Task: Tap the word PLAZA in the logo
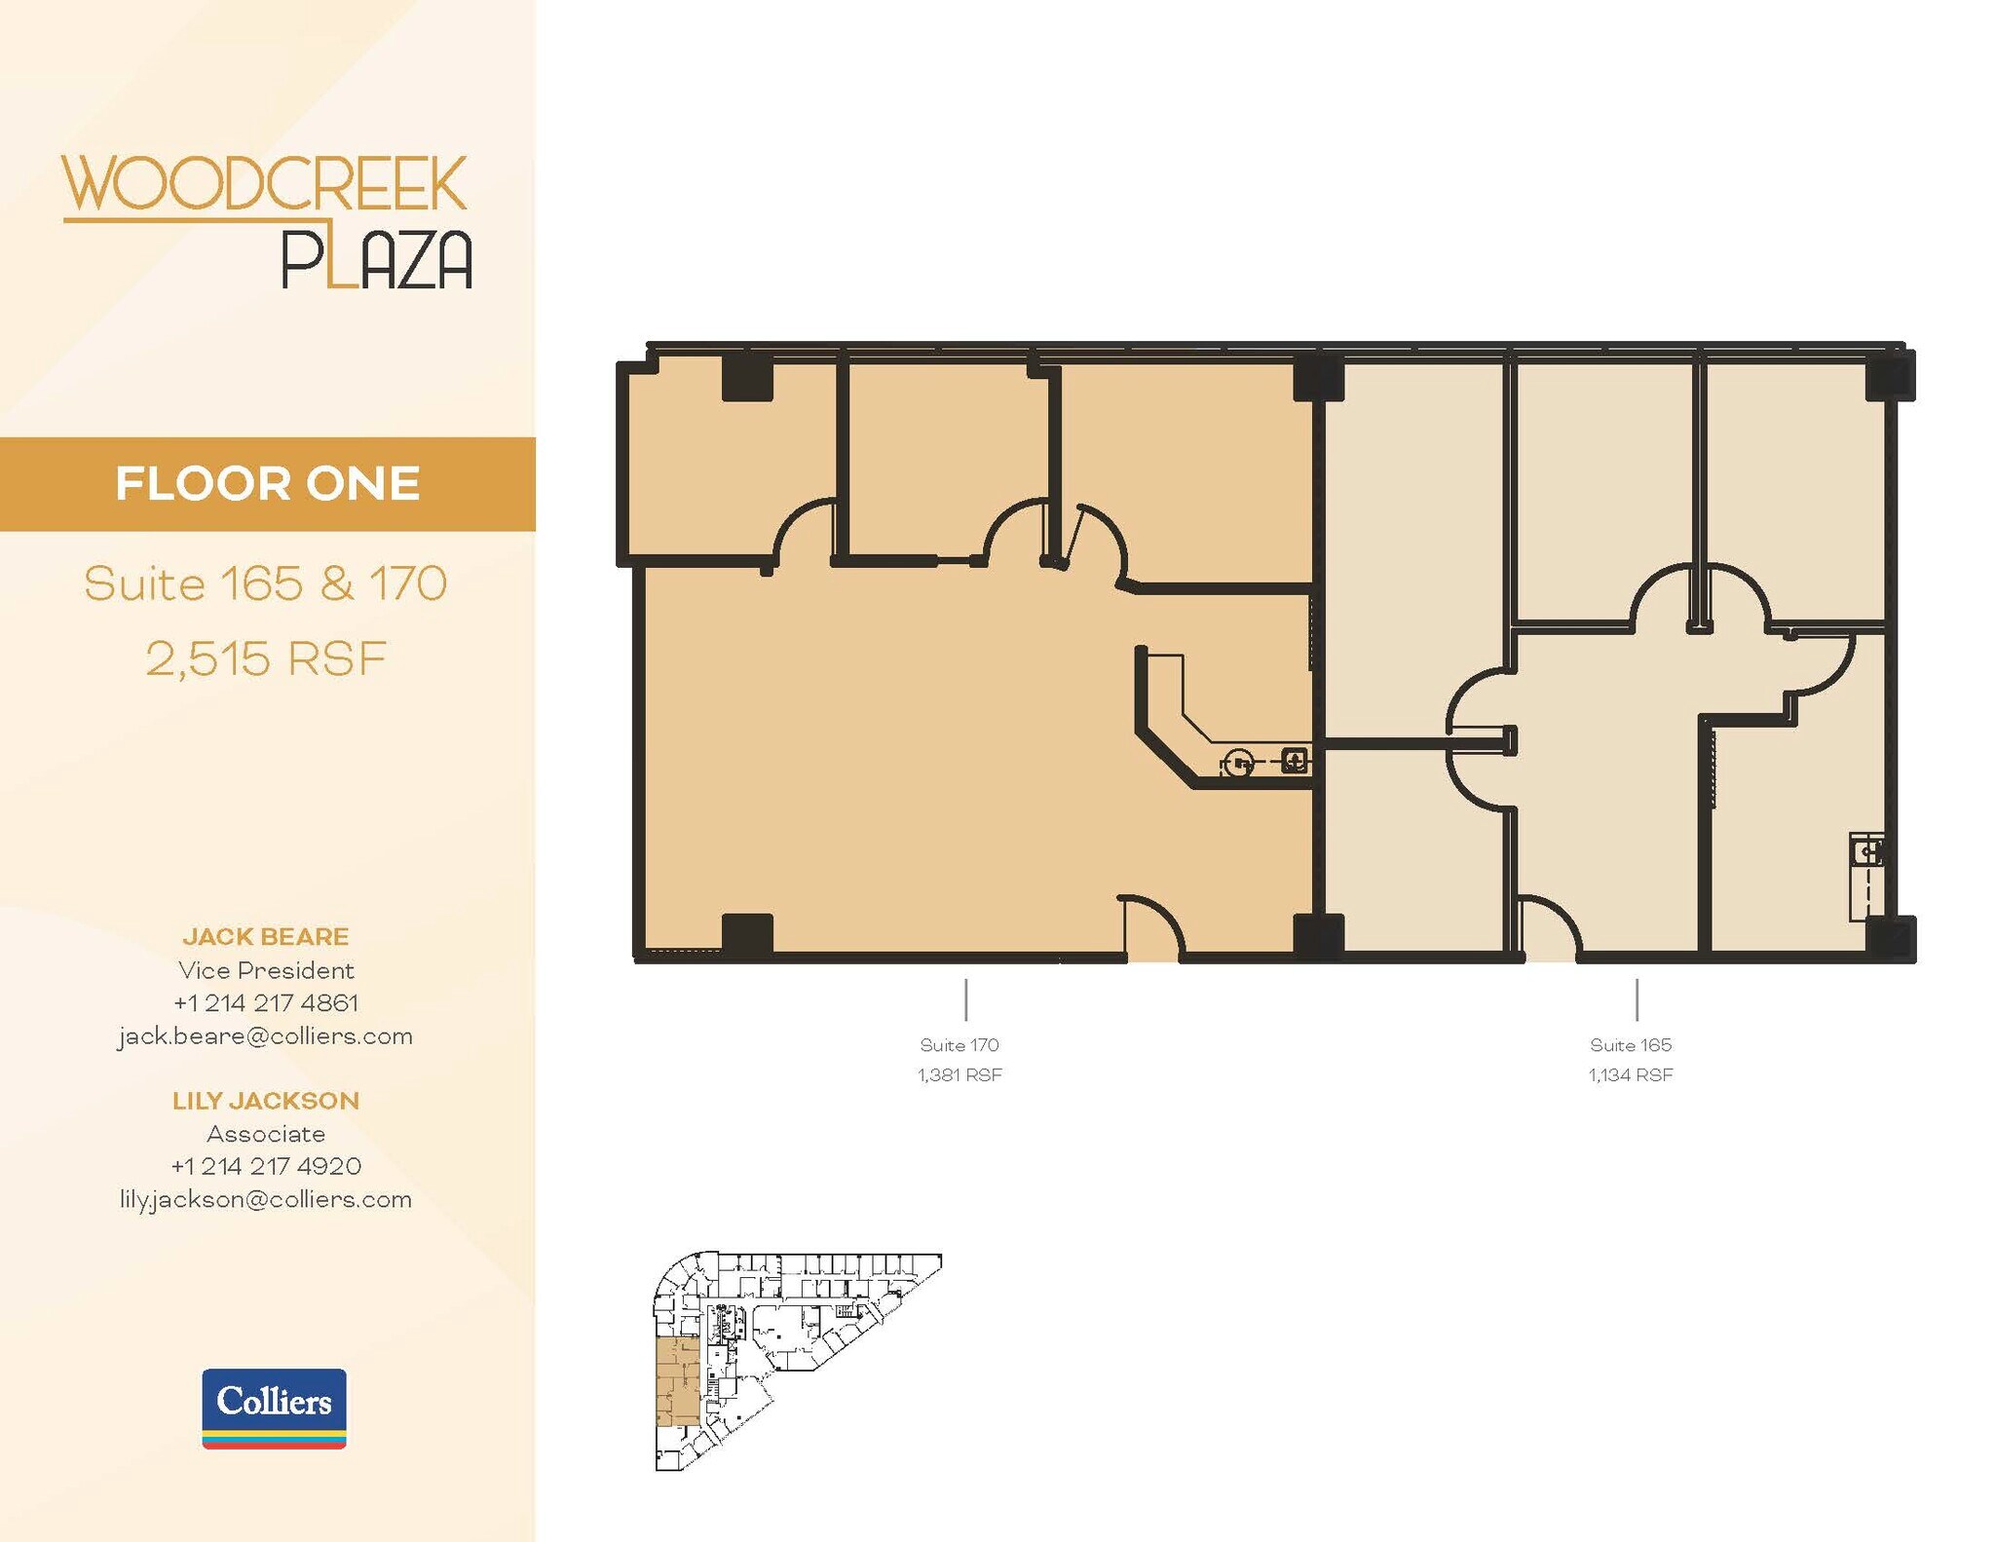click(x=376, y=260)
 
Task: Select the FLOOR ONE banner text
click(x=267, y=484)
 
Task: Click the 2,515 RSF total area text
click(x=266, y=658)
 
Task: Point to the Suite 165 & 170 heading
click(x=265, y=583)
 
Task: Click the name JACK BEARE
click(x=265, y=936)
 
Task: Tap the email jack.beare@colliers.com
click(x=265, y=1035)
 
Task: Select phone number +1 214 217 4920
click(x=265, y=1166)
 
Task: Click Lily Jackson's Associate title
click(x=265, y=1134)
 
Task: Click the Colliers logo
click(x=274, y=1408)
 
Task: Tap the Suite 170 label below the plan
click(x=960, y=1045)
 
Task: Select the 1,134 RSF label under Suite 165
click(x=1631, y=1075)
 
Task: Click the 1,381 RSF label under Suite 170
click(x=960, y=1075)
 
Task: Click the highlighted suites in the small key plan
click(x=677, y=1381)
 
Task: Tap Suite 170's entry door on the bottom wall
click(x=1153, y=930)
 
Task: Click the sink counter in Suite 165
click(x=1866, y=877)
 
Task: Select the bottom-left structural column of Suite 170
click(x=747, y=934)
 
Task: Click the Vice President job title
click(x=265, y=970)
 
